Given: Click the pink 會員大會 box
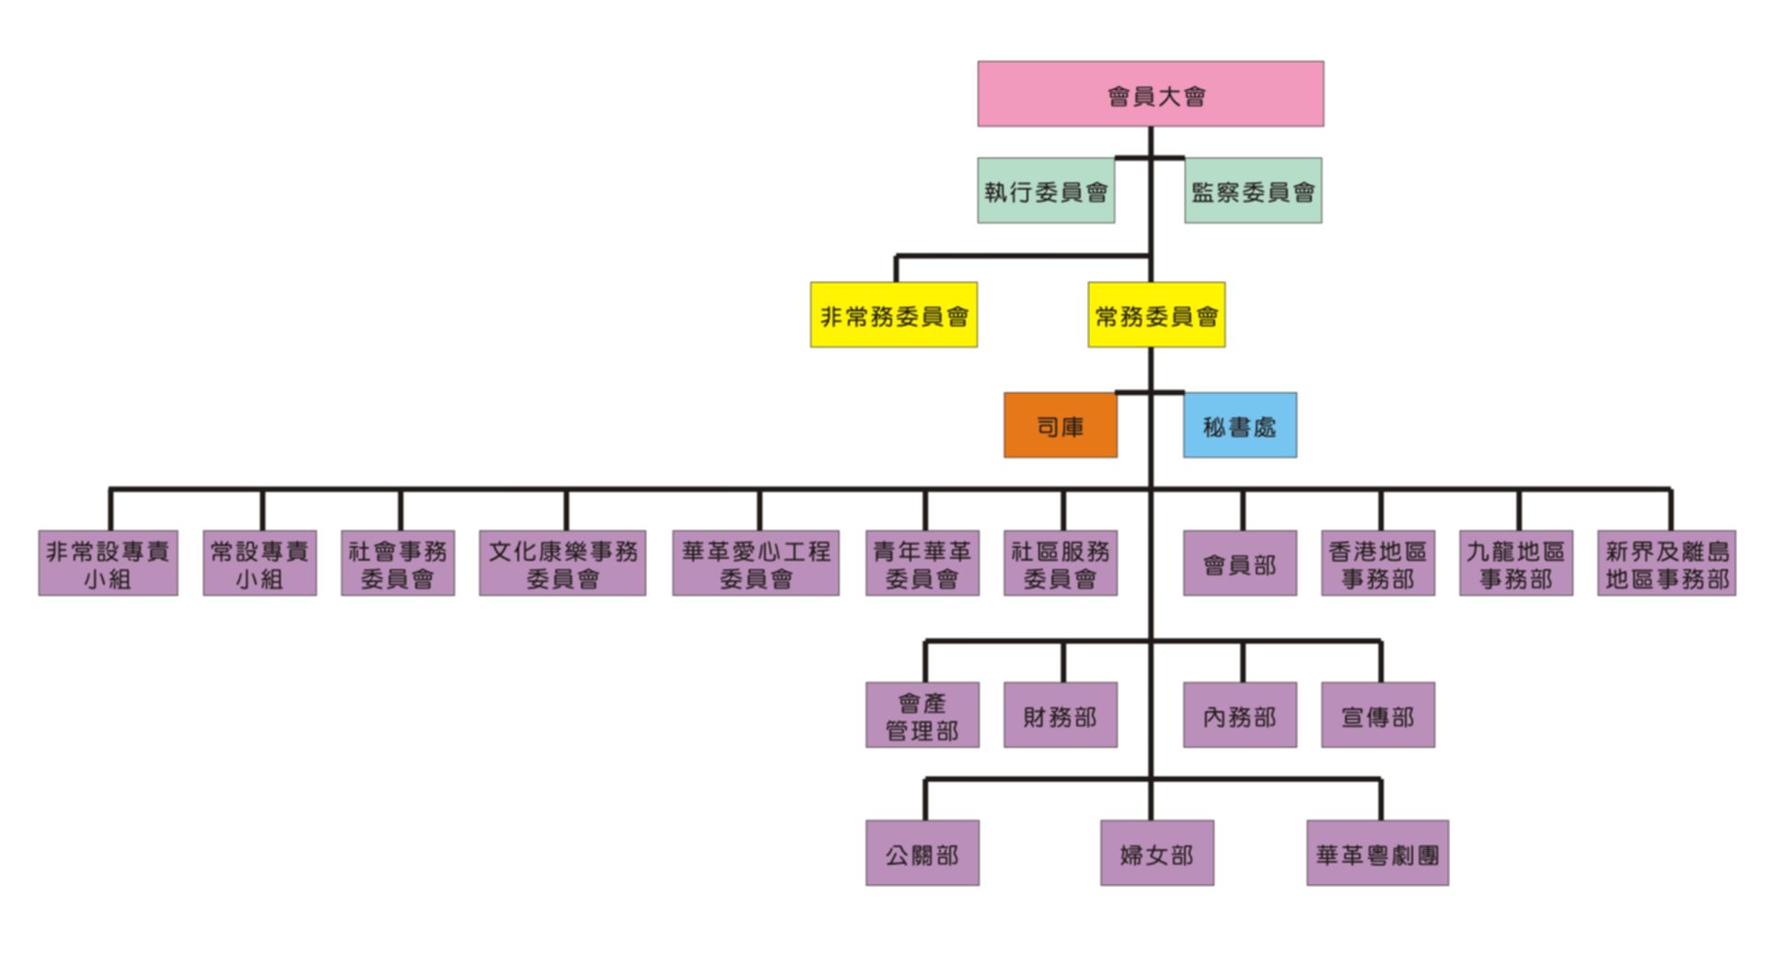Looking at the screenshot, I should pos(1150,94).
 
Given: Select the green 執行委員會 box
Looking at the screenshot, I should pos(1046,191).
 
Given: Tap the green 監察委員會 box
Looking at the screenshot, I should pos(1252,191).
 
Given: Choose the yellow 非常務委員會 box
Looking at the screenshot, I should pos(893,315).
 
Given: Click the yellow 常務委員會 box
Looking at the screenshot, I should pos(1155,315).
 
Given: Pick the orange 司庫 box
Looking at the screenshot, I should pos(1060,425).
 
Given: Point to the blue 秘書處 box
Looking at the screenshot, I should pos(1239,425).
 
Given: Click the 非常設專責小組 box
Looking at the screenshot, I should pos(108,563).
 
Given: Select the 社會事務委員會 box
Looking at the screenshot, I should pos(397,563).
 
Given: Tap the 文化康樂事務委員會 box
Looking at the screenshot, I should pos(562,563).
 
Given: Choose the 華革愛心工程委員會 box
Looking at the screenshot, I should pos(755,563).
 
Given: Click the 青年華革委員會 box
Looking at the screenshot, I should pos(922,563).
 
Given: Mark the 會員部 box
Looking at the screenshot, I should pos(1239,563).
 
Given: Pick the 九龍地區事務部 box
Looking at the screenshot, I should pos(1515,563).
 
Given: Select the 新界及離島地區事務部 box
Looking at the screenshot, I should pos(1666,563).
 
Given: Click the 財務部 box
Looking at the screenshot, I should pos(1060,715).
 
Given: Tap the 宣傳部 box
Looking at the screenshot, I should pos(1377,715).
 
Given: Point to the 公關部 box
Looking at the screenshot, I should pos(922,853).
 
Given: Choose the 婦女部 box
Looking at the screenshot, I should pos(1156,853).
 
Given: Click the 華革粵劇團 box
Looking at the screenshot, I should pos(1377,853).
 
